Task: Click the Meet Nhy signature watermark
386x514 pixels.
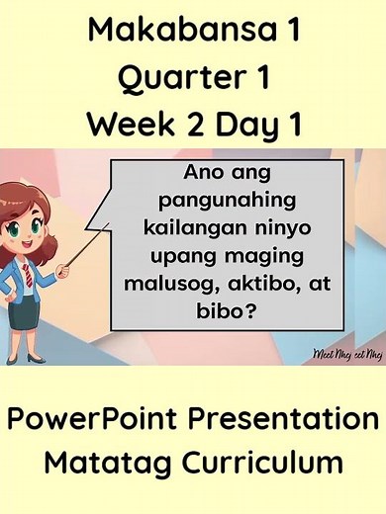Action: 345,352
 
